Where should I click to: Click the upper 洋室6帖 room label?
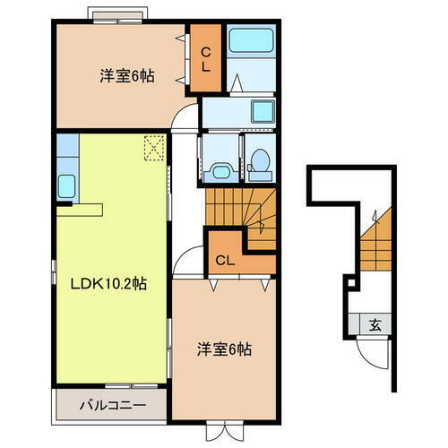[x=126, y=76]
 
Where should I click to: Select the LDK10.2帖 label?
[x=108, y=285]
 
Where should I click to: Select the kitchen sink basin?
[x=66, y=187]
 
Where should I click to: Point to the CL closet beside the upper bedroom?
[x=204, y=58]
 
